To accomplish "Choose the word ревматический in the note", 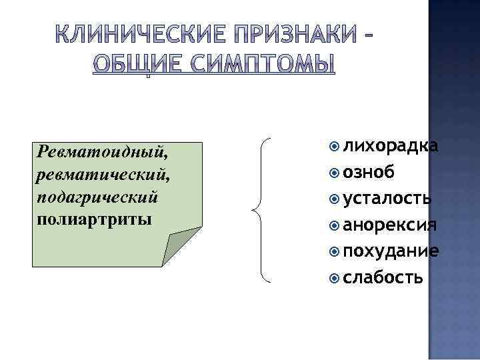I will click(x=92, y=175).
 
